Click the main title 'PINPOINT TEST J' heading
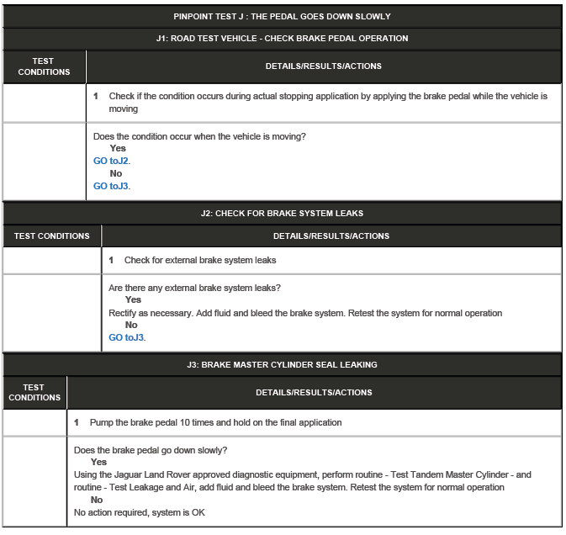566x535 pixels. pos(282,16)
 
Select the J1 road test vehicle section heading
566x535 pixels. pos(282,38)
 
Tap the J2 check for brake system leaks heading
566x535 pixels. pos(282,213)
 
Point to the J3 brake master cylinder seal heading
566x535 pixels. pos(282,364)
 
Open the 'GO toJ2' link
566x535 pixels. pos(111,161)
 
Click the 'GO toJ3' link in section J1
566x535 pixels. pos(111,186)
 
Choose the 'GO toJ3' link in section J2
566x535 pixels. pos(126,337)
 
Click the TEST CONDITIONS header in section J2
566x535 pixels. pos(51,236)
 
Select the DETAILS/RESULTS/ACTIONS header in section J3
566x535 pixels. pos(314,392)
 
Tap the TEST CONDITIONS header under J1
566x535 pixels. pos(44,66)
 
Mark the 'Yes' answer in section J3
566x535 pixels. pos(98,462)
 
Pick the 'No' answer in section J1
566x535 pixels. pos(116,173)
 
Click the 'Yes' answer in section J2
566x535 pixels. pos(133,299)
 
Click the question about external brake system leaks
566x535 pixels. pos(194,288)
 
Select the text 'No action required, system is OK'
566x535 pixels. pos(139,512)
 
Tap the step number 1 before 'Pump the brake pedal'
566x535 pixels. pos(77,422)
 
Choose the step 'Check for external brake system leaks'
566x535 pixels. pos(200,260)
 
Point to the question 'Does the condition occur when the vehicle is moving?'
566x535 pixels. pos(199,136)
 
